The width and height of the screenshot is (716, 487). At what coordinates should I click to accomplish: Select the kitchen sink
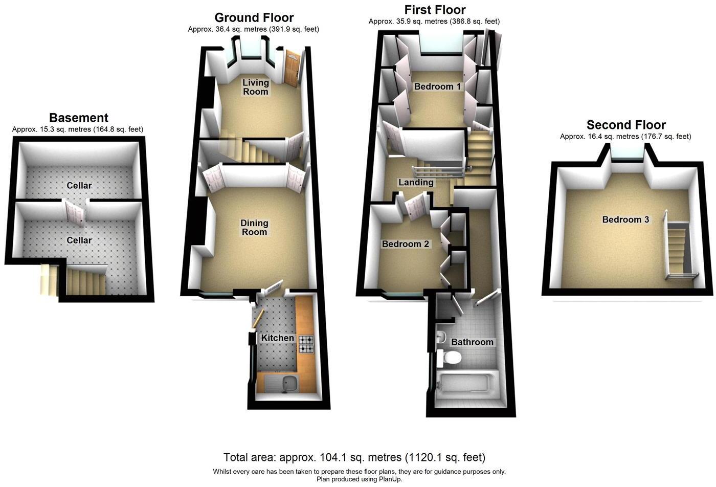click(279, 383)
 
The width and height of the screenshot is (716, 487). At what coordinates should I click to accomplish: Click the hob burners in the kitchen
click(306, 344)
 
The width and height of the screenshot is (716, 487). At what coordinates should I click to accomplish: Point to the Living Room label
click(255, 87)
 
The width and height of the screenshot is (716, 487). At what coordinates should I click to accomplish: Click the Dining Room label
click(254, 228)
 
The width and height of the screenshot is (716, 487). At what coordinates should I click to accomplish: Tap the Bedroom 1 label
click(437, 86)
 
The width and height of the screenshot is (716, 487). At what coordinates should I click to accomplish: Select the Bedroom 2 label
click(406, 244)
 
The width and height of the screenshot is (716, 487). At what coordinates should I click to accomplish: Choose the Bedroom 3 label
click(625, 219)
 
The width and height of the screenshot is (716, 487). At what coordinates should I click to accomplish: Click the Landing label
click(416, 182)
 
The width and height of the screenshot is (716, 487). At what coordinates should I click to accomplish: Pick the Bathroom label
click(472, 342)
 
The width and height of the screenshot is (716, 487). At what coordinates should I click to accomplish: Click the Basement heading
click(78, 118)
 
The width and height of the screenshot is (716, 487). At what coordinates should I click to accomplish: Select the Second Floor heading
click(626, 125)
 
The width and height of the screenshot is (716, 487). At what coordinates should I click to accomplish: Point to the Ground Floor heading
click(254, 18)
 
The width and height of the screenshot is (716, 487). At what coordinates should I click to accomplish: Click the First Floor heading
click(435, 10)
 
